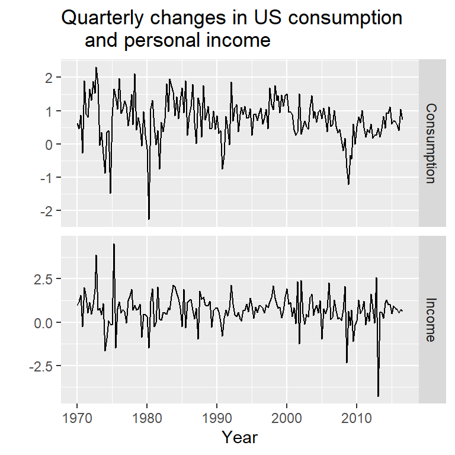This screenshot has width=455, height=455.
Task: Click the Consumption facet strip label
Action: pos(431,143)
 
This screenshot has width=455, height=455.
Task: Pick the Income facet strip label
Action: pos(431,320)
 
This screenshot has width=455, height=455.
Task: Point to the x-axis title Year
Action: pos(240,437)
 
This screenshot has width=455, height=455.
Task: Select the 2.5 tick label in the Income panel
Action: pos(44,279)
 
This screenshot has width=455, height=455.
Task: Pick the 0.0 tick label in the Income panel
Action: pos(44,323)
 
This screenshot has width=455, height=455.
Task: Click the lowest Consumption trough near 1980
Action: pos(149,219)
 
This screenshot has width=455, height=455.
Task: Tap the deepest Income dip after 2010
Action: pos(378,396)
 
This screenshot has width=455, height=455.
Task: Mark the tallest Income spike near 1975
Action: pos(114,244)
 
